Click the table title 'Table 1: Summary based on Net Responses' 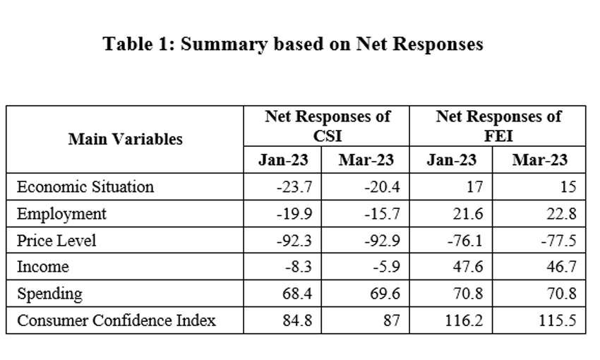293,44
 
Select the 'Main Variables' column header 125,139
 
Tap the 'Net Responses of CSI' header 328,126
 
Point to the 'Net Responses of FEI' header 498,126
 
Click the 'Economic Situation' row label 85,187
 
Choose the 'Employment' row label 61,214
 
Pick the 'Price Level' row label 56,241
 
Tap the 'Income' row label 43,267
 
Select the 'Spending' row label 49,294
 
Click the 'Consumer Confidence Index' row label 116,320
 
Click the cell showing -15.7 382,214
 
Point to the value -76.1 466,241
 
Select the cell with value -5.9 384,267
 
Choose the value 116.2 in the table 466,320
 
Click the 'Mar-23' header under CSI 366,160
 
